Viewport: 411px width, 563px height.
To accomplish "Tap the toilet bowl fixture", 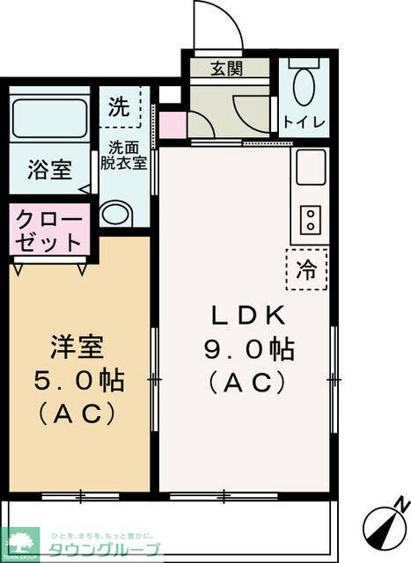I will [305, 88].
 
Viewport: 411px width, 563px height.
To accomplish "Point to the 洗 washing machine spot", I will [119, 107].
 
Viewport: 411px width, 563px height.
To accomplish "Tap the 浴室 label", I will [48, 170].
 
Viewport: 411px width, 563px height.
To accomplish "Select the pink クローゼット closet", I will [48, 230].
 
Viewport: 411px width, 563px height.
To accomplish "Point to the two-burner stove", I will [311, 220].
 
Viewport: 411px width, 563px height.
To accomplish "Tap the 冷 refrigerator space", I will [307, 269].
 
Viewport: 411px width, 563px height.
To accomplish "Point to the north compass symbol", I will [385, 520].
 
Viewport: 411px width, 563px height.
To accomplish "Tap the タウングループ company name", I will [103, 550].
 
